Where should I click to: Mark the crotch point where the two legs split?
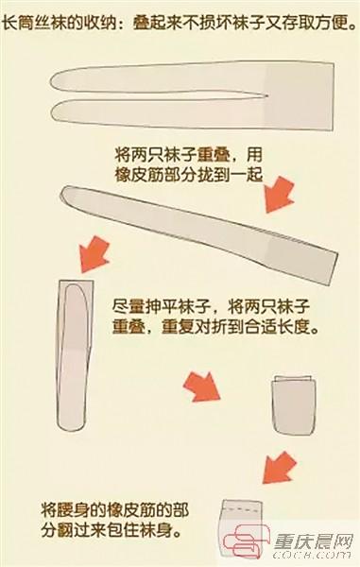[266, 96]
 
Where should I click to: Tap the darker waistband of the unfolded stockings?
[300, 96]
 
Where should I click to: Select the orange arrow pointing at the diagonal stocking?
[279, 194]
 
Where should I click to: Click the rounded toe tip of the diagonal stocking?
[65, 194]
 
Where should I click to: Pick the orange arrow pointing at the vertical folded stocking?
[94, 254]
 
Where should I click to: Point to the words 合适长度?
[277, 328]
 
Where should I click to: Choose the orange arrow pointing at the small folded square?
[201, 387]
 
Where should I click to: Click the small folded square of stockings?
[294, 404]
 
